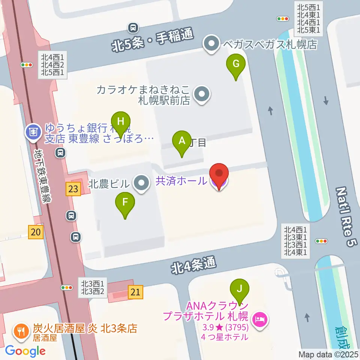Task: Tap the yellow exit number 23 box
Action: (73, 189)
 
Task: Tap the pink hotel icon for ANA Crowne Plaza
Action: (261, 319)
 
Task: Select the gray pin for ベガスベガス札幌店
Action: (211, 44)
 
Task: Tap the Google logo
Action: (25, 351)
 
